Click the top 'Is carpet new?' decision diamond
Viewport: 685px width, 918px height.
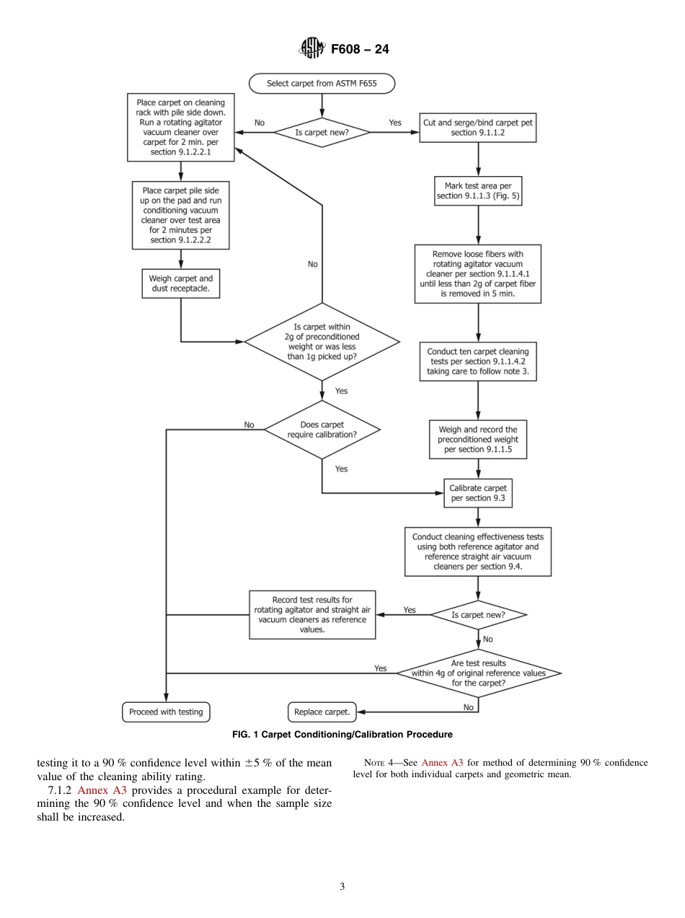(x=322, y=133)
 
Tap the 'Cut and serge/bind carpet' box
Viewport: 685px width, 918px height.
(x=478, y=128)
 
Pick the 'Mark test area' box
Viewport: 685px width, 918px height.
(x=478, y=191)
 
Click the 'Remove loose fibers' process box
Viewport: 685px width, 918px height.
(x=478, y=274)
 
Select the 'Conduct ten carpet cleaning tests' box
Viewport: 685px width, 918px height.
(x=478, y=362)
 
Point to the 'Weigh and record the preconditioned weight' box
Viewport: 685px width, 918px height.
(x=478, y=439)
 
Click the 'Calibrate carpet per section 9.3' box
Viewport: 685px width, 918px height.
(x=478, y=493)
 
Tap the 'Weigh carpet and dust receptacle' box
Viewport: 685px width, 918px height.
(x=180, y=284)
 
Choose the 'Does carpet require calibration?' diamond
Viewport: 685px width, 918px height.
(x=322, y=430)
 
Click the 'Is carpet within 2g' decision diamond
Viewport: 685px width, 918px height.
(x=322, y=341)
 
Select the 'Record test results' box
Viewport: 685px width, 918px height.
(x=312, y=615)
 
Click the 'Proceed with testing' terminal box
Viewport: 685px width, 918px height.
(x=166, y=712)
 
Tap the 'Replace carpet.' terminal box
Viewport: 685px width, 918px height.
(x=322, y=712)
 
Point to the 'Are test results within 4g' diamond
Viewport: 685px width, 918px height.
(x=478, y=673)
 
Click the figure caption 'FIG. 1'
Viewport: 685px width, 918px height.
(x=342, y=735)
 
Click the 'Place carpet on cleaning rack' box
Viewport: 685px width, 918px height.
(x=180, y=128)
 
